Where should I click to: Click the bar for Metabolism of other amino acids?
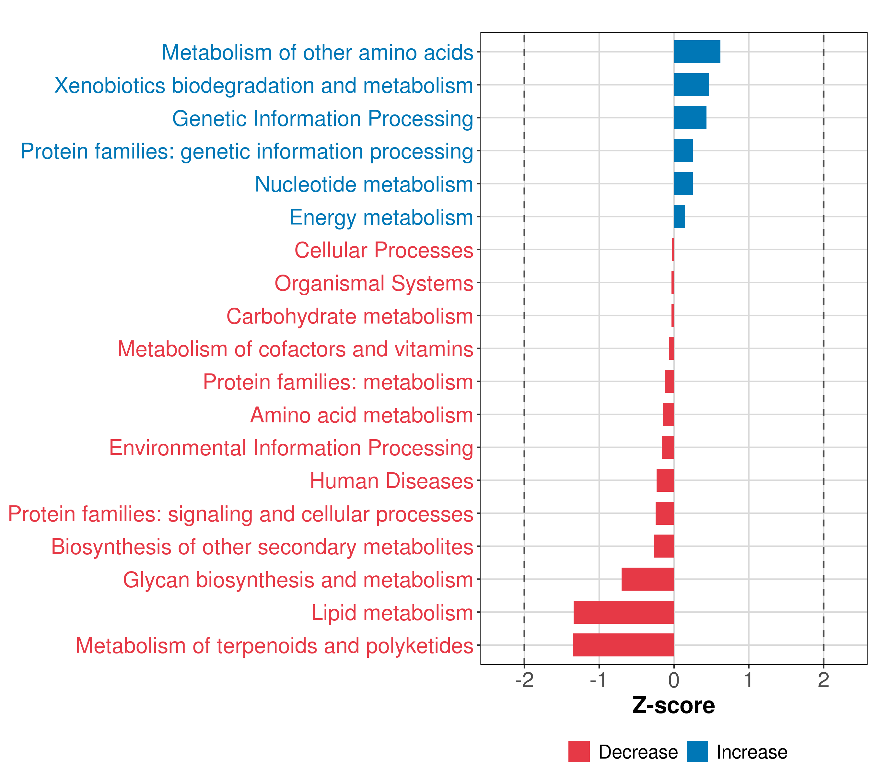click(696, 52)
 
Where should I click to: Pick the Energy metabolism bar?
click(679, 217)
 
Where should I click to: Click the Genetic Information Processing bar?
click(690, 118)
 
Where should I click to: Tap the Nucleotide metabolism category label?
click(364, 184)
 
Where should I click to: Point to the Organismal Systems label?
click(374, 283)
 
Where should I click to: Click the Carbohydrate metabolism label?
click(350, 316)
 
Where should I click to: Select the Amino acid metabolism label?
click(362, 415)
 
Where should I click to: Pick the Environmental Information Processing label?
click(291, 448)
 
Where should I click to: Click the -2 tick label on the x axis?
click(524, 680)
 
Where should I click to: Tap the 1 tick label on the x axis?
click(748, 680)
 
